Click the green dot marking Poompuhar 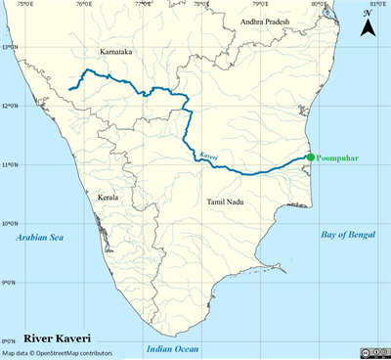310,157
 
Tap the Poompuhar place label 340,157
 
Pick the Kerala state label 108,197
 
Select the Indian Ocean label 172,348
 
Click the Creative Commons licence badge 369,353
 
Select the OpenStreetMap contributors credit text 57,353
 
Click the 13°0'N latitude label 11,46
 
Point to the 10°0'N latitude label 11,224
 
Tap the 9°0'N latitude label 11,283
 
